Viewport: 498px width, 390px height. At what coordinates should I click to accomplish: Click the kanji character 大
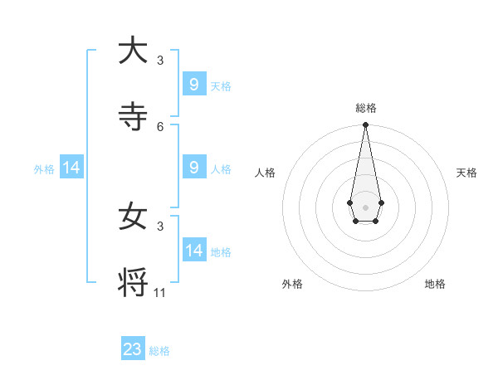tap(133, 51)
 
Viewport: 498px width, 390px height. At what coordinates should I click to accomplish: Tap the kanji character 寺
tap(133, 116)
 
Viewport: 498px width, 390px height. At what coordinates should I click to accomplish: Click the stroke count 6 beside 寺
tap(160, 126)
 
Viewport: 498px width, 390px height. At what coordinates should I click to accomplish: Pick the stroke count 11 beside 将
tap(160, 292)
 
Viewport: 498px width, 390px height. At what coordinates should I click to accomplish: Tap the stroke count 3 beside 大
tap(160, 61)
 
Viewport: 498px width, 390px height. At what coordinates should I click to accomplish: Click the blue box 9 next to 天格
tap(193, 84)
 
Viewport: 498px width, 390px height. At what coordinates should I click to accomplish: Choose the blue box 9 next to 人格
tap(193, 167)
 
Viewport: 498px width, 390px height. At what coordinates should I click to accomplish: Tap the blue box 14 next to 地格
tap(193, 250)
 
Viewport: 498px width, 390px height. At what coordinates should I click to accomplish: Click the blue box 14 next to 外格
tap(71, 168)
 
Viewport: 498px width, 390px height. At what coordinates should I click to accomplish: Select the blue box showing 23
tap(133, 349)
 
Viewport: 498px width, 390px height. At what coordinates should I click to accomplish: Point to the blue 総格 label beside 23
tap(159, 351)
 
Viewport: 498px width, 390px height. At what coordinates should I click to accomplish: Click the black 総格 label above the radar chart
tap(365, 108)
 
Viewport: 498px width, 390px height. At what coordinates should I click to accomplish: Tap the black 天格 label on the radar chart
tap(466, 173)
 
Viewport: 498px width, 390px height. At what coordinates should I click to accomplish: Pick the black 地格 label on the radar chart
tap(435, 284)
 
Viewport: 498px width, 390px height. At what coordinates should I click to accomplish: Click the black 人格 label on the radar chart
tap(265, 173)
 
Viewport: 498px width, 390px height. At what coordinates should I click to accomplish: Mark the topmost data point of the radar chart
tap(365, 124)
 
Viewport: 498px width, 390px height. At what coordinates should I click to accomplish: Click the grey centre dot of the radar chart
tap(365, 207)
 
